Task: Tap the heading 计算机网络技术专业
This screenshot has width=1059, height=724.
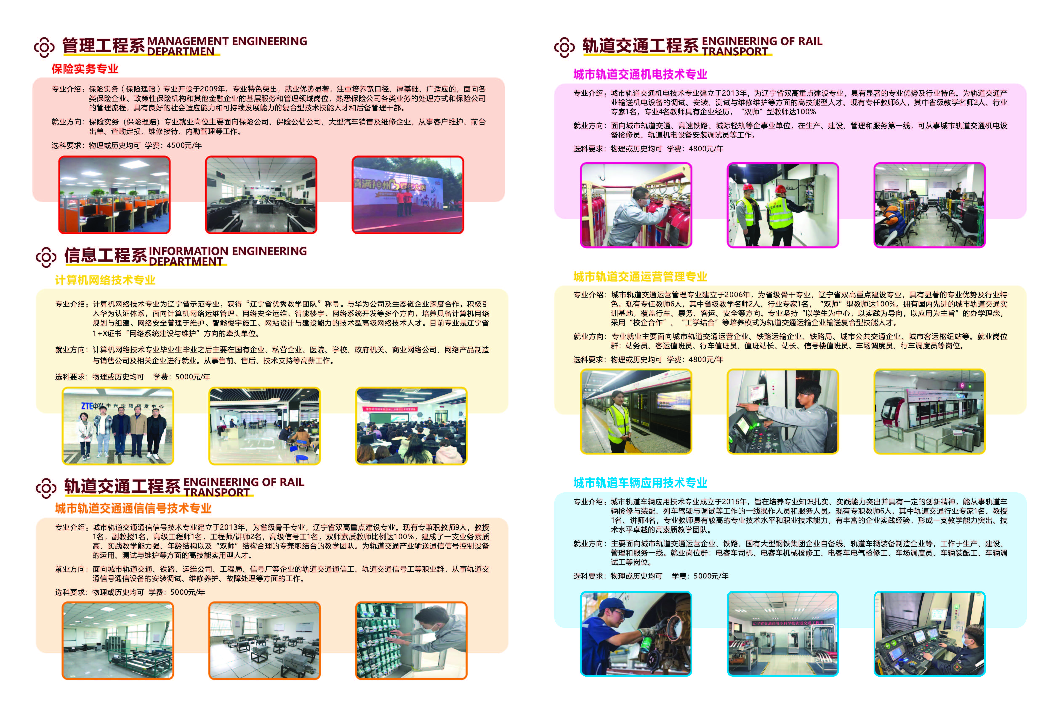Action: click(x=105, y=280)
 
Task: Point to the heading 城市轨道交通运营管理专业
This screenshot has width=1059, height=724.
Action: click(x=640, y=277)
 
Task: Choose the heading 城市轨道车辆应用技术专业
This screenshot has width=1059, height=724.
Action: click(x=640, y=483)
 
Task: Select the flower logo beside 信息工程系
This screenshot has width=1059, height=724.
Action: click(x=46, y=258)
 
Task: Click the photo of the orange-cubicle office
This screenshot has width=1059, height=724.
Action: click(x=114, y=195)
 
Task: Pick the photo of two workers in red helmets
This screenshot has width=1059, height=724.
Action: click(x=782, y=205)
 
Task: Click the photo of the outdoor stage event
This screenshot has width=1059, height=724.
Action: click(x=408, y=195)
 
